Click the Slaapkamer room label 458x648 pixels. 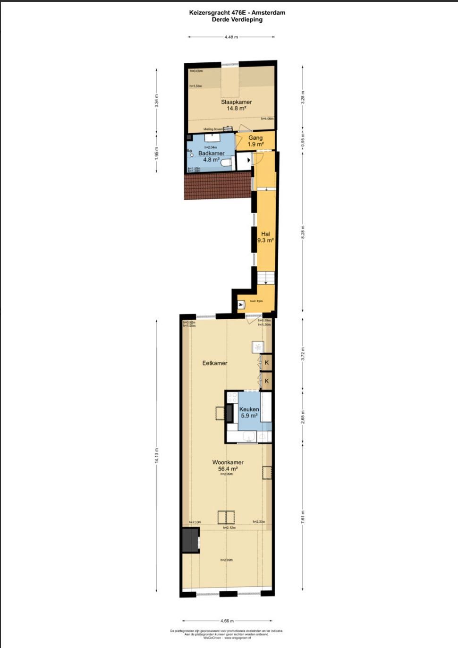point(236,105)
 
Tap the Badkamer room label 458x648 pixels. point(211,156)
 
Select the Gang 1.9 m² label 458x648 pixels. point(255,141)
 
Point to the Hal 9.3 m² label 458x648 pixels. point(265,237)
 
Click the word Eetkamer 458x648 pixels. point(215,363)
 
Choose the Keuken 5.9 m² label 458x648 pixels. point(249,412)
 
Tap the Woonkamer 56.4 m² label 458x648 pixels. point(228,466)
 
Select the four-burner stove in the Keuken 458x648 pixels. point(232,398)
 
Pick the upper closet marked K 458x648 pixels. point(267,363)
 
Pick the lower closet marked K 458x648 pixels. point(267,381)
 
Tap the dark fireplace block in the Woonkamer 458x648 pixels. point(190,540)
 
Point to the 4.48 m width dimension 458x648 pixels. point(231,37)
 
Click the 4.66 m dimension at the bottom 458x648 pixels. point(227,621)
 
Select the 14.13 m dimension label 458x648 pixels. point(157,456)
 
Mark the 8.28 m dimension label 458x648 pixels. point(303,231)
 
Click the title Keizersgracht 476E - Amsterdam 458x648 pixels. point(237,13)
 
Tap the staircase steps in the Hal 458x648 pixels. point(266,277)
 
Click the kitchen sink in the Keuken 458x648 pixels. point(249,437)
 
